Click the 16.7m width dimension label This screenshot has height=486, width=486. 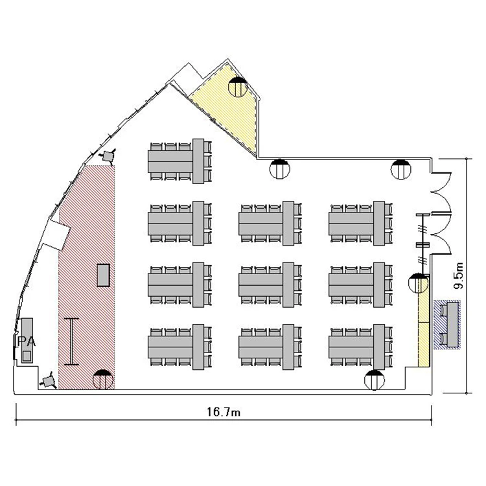click(x=224, y=412)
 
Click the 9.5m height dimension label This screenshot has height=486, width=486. click(x=458, y=275)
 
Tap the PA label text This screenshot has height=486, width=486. click(x=26, y=341)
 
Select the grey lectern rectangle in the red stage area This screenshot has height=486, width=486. click(x=103, y=275)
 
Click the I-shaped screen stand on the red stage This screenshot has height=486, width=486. click(x=71, y=341)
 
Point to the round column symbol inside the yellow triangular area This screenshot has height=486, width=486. click(x=238, y=87)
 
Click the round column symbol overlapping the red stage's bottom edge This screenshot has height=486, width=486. click(x=103, y=380)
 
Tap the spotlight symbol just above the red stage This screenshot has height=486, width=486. click(x=108, y=156)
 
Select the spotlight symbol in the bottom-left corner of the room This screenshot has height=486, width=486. click(x=49, y=381)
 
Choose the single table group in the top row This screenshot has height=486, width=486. click(x=180, y=161)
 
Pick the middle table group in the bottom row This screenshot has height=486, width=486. click(x=270, y=347)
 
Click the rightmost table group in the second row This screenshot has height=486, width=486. click(x=361, y=224)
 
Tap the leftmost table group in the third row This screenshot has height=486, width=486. click(x=180, y=285)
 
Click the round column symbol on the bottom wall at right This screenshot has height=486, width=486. click(x=375, y=380)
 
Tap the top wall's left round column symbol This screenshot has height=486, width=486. click(x=280, y=169)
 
